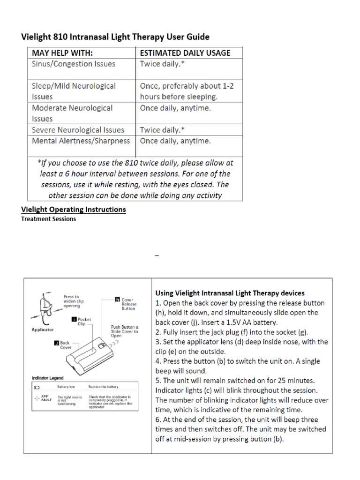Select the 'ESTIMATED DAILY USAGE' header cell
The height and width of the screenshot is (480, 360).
click(x=185, y=52)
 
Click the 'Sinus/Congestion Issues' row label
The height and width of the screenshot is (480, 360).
click(x=73, y=64)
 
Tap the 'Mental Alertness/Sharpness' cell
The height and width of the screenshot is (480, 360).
click(x=81, y=141)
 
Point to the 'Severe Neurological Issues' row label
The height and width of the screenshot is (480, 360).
click(x=78, y=130)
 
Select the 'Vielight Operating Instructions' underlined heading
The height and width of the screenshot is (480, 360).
click(x=74, y=209)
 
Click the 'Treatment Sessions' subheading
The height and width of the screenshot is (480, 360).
click(x=49, y=219)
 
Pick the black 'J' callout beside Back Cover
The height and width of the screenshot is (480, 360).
click(x=56, y=343)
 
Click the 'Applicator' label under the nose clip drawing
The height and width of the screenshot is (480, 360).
click(x=42, y=330)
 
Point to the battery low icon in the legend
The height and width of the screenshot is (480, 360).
click(x=37, y=387)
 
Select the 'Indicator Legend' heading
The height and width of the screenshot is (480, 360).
click(x=47, y=378)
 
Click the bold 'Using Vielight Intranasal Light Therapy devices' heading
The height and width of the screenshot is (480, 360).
click(x=230, y=293)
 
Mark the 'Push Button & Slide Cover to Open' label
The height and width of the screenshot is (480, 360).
click(x=124, y=331)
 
